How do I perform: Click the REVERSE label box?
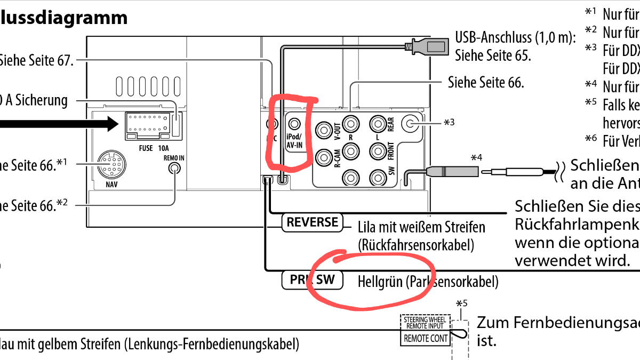pos(312,222)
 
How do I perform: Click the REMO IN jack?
pos(174,168)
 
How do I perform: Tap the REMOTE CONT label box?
pos(426,338)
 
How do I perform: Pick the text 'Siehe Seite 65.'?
pos(492,55)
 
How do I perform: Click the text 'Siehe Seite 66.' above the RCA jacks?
pos(486,82)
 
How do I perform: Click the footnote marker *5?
pos(462,305)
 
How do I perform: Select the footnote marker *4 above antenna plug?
pos(476,158)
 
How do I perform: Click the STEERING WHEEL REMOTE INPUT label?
pos(426,322)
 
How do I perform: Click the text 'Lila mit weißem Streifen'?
pos(421,228)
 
